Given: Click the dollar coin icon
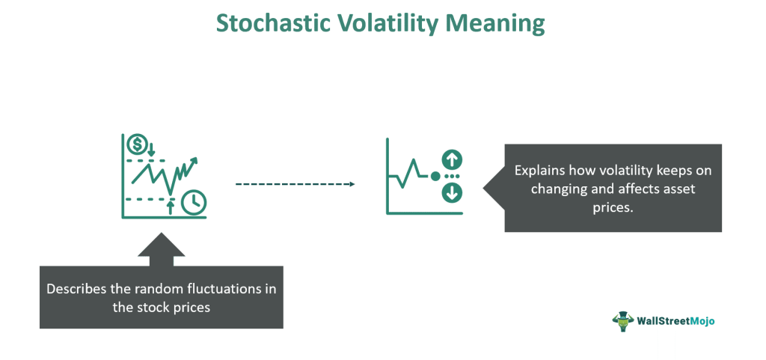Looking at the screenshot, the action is (136, 144).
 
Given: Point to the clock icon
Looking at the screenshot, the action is (194, 202).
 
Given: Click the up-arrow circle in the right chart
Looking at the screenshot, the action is (451, 159).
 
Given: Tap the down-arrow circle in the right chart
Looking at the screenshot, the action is (451, 193).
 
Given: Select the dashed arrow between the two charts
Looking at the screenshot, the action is (295, 184).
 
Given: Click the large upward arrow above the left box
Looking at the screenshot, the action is (162, 249).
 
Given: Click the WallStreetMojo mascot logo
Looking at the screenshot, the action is (623, 321).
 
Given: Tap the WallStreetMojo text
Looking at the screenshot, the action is (676, 321).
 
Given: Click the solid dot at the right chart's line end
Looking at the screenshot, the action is (435, 176).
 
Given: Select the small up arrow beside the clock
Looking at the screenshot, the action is (170, 207).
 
